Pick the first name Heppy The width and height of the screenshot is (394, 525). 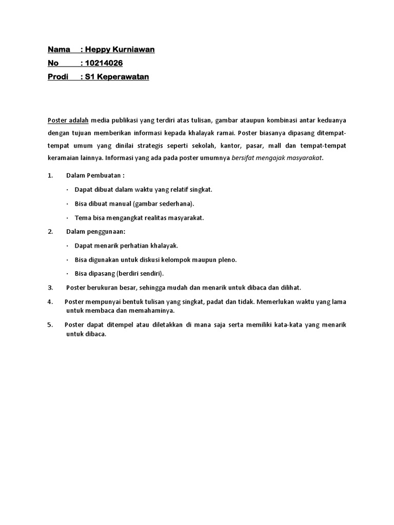point(98,50)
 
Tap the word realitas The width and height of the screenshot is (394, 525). point(147,217)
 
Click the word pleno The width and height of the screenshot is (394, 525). point(227,259)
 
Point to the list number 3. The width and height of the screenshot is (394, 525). point(50,288)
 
